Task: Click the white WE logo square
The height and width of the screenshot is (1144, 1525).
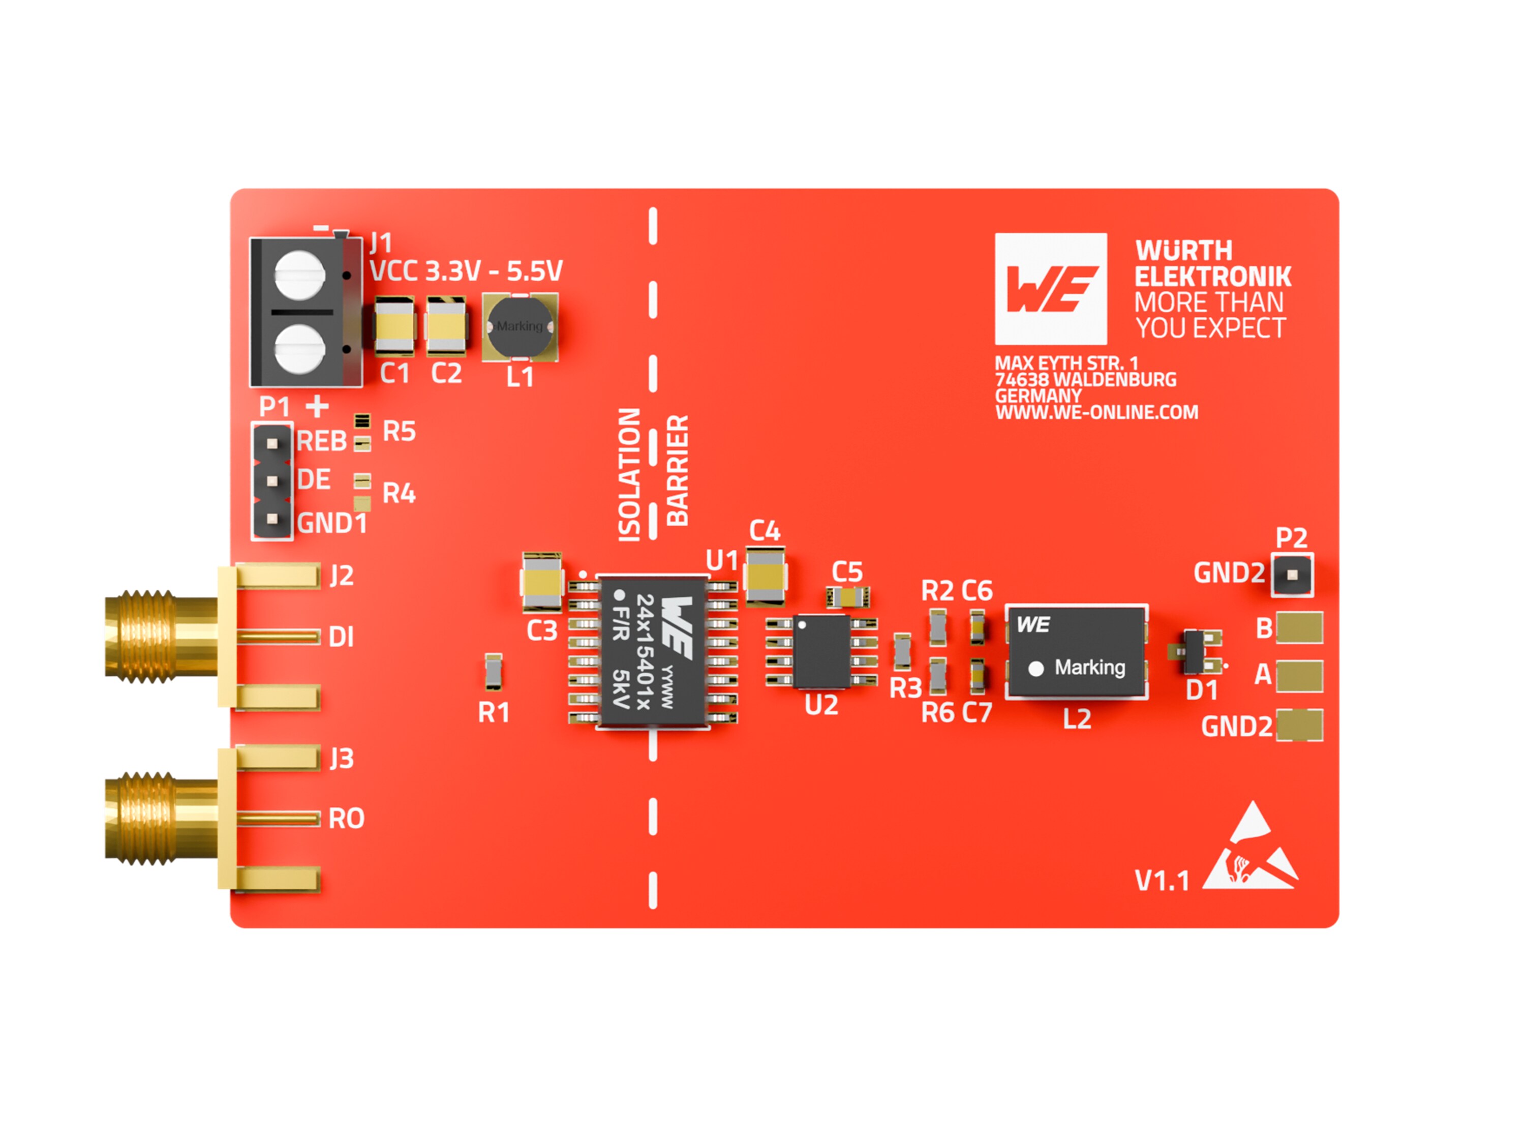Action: pyautogui.click(x=1051, y=289)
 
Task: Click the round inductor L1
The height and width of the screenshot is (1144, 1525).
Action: pyautogui.click(x=520, y=327)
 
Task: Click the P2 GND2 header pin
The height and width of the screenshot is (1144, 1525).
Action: pyautogui.click(x=1292, y=575)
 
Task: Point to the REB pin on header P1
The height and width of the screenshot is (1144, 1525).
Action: pyautogui.click(x=272, y=443)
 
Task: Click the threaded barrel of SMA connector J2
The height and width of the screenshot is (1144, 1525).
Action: pyautogui.click(x=141, y=636)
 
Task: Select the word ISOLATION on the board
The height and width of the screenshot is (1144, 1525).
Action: pyautogui.click(x=629, y=475)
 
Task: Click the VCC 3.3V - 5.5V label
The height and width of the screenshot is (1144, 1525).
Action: pyautogui.click(x=466, y=270)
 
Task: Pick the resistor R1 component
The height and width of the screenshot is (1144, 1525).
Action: pyautogui.click(x=493, y=671)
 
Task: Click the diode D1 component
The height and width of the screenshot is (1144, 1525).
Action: pyautogui.click(x=1195, y=651)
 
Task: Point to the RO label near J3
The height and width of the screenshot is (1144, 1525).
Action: pyautogui.click(x=346, y=819)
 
